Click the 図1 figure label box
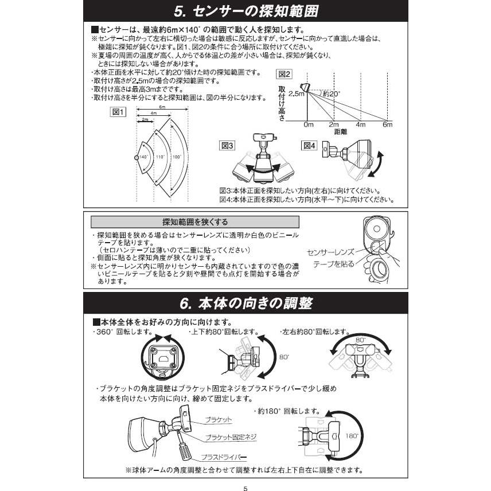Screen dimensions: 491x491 pyautogui.click(x=118, y=112)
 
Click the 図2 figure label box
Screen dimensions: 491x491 pyautogui.click(x=285, y=74)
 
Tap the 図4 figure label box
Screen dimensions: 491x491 pyautogui.click(x=310, y=146)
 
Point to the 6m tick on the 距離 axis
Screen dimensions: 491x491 pyautogui.click(x=388, y=124)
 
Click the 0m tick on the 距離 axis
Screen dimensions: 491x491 pyautogui.click(x=309, y=124)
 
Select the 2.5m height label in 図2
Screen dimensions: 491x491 pyautogui.click(x=297, y=94)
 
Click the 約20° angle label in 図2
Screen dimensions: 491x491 pyautogui.click(x=332, y=93)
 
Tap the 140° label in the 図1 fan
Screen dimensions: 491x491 pyautogui.click(x=143, y=157)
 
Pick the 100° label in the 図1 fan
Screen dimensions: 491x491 pyautogui.click(x=176, y=157)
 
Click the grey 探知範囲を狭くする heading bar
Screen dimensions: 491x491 pyautogui.click(x=195, y=222)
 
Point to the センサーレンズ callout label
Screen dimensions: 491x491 pyautogui.click(x=331, y=252)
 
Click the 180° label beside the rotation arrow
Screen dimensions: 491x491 pyautogui.click(x=352, y=436)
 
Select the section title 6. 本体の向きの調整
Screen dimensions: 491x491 pyautogui.click(x=246, y=302)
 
